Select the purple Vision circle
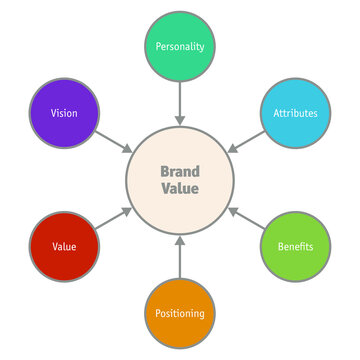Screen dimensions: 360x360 pyautogui.click(x=63, y=113)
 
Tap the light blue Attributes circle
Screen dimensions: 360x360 pyautogui.click(x=295, y=113)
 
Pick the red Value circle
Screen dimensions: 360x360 pyautogui.click(x=63, y=246)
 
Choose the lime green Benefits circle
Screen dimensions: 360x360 pyautogui.click(x=295, y=246)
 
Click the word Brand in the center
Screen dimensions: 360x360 pyautogui.click(x=180, y=171)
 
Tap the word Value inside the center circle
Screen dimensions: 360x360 pyautogui.click(x=180, y=189)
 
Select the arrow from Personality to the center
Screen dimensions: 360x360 pyautogui.click(x=180, y=102)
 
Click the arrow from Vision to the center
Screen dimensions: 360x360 pyautogui.click(x=115, y=143)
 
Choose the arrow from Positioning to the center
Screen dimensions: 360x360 pyautogui.click(x=180, y=258)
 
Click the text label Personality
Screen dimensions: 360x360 pyautogui.click(x=180, y=47)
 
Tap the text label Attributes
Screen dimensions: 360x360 pyautogui.click(x=295, y=113)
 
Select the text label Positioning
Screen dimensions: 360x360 pyautogui.click(x=180, y=313)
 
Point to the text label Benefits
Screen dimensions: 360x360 pyautogui.click(x=295, y=246)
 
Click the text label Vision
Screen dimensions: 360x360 pyautogui.click(x=63, y=113)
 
